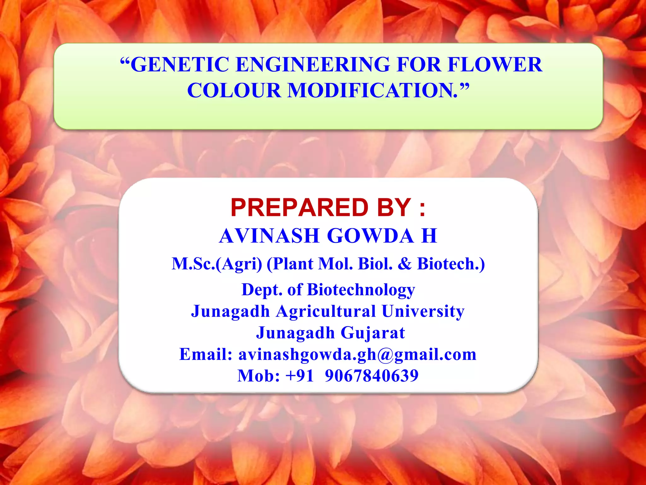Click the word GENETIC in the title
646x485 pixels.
pyautogui.click(x=180, y=65)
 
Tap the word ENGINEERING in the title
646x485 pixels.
pyautogui.click(x=313, y=65)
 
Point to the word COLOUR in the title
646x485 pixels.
pyautogui.click(x=234, y=91)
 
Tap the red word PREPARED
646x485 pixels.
pyautogui.click(x=299, y=208)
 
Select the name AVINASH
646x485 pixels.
pyautogui.click(x=269, y=236)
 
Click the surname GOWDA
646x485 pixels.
pyautogui.click(x=370, y=236)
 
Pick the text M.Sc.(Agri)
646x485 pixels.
pyautogui.click(x=217, y=264)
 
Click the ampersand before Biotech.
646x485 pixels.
pyautogui.click(x=405, y=264)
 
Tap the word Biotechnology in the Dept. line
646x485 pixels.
pyautogui.click(x=361, y=290)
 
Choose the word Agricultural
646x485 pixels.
pyautogui.click(x=326, y=311)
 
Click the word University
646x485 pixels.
pyautogui.click(x=423, y=311)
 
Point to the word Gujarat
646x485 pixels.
pyautogui.click(x=373, y=333)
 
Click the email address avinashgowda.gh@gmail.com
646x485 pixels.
pyautogui.click(x=357, y=354)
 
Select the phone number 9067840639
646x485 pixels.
pyautogui.click(x=372, y=376)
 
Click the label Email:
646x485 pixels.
pyautogui.click(x=206, y=354)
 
